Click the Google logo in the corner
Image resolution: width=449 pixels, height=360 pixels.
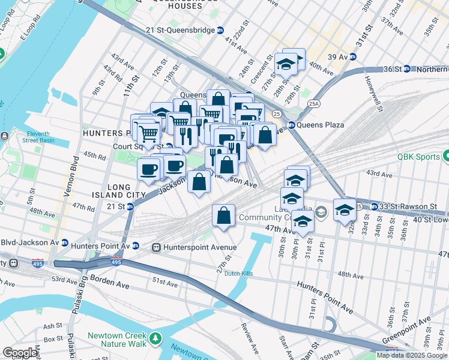tap(19, 353)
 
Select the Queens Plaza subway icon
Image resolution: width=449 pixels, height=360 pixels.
tap(292, 125)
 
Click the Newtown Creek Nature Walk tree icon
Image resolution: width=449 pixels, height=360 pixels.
tap(156, 339)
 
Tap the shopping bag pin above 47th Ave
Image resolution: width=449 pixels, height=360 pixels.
tap(223, 215)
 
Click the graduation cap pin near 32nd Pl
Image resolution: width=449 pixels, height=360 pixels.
tap(345, 210)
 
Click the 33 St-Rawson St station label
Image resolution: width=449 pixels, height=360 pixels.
tap(408, 206)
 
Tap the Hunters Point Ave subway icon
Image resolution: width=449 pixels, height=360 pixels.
tap(136, 246)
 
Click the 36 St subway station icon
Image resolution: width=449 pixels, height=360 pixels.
tap(406, 69)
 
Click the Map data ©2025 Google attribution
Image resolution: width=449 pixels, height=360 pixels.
tap(412, 355)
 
